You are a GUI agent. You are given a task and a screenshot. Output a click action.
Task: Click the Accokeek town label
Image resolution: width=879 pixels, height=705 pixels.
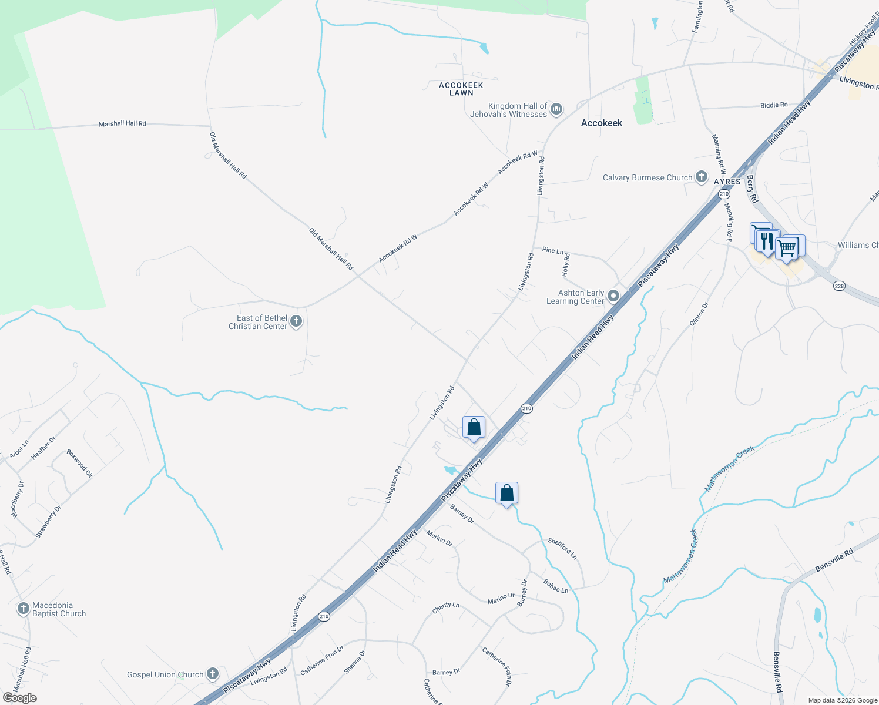coord(601,123)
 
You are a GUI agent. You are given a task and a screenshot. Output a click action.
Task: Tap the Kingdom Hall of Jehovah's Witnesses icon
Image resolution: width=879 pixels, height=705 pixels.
coord(556,109)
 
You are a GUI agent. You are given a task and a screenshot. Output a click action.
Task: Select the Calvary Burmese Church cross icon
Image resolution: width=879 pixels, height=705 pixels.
coord(701,177)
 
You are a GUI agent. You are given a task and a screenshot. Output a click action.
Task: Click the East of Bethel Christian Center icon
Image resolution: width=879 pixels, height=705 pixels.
coord(296,321)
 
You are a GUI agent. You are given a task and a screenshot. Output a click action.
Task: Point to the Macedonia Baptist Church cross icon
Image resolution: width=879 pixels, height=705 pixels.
coord(23,609)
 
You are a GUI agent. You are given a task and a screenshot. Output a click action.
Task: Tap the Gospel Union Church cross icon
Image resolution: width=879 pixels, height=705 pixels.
coord(213,674)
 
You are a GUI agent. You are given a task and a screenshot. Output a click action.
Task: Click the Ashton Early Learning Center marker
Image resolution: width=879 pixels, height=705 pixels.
coord(613,296)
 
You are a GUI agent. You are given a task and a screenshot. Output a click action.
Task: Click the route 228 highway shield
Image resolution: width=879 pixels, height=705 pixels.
coord(838,286)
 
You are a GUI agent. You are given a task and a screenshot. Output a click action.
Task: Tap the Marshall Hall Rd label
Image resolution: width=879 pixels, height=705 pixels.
coord(122,124)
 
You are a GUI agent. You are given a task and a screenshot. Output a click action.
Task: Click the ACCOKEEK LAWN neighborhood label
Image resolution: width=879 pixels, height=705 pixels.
coord(461,89)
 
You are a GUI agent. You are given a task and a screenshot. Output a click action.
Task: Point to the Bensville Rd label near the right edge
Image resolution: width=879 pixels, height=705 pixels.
coord(834,561)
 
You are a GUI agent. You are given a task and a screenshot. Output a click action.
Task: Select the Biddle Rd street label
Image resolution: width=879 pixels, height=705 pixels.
coord(774,105)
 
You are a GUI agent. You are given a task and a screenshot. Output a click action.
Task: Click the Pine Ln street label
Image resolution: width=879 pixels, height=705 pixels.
coord(552,250)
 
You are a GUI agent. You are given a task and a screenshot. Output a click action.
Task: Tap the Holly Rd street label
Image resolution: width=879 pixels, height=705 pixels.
coord(566,265)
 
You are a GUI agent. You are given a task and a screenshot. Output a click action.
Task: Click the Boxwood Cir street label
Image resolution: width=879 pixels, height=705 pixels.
coord(79,464)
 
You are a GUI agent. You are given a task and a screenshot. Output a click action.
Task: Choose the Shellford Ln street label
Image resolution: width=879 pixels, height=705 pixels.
coord(562,548)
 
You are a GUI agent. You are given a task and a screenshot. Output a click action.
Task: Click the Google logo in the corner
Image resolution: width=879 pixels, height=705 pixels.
coord(19,697)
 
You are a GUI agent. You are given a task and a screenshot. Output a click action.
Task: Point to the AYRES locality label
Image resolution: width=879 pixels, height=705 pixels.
coord(727,182)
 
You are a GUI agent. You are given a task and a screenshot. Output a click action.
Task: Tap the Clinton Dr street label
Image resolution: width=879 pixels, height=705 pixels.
coord(699,314)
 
